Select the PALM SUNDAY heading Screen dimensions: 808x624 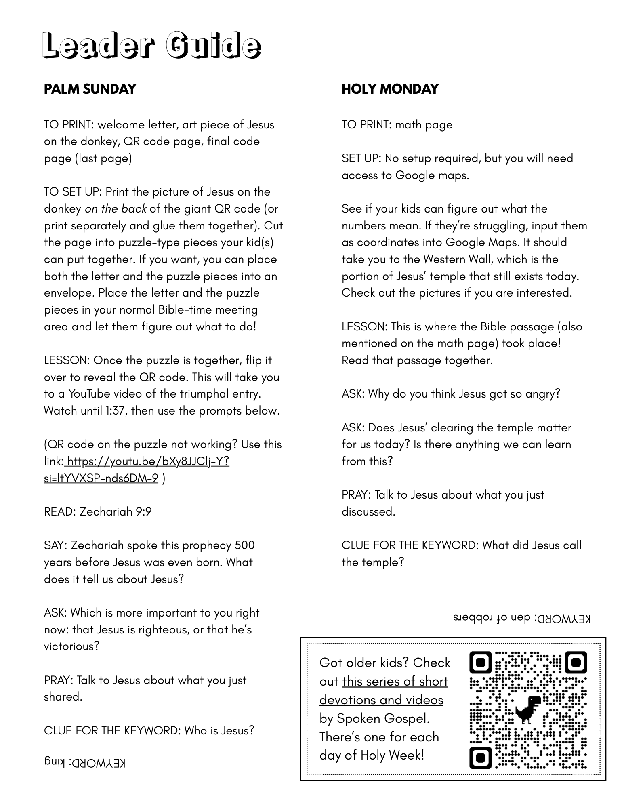point(90,89)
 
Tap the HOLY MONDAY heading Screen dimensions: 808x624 point(390,89)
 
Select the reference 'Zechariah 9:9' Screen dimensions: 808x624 point(116,512)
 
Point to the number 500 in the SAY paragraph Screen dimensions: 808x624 point(245,545)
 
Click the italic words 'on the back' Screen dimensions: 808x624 point(116,209)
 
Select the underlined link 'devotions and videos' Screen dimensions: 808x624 point(381,700)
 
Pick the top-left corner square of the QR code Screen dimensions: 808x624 point(481,663)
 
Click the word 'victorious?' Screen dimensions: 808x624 point(71,646)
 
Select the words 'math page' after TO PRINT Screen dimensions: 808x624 point(424,125)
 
